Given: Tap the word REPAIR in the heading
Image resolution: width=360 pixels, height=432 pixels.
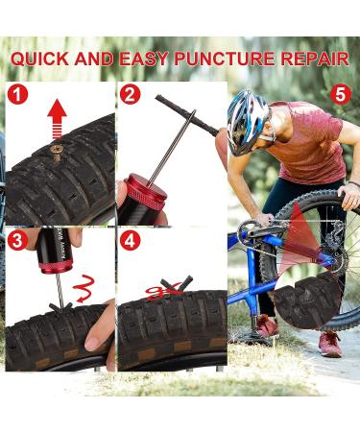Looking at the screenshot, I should click(x=322, y=59).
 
